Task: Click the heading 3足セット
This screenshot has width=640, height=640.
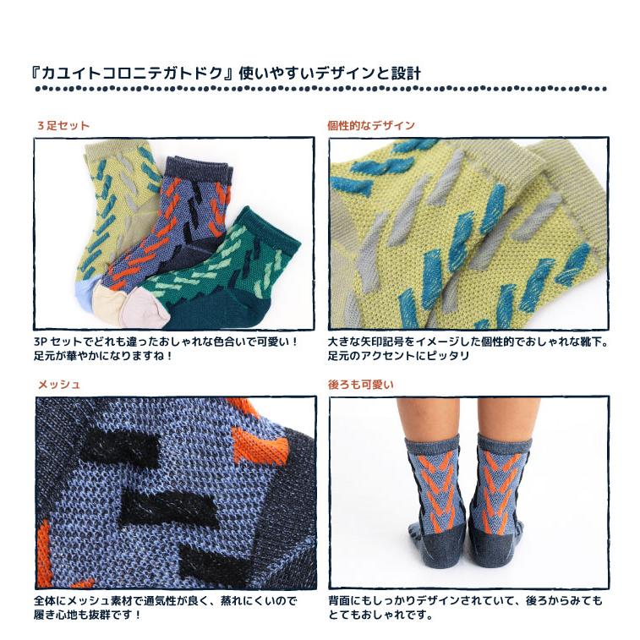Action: pos(63,125)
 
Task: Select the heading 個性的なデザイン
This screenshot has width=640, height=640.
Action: pos(370,125)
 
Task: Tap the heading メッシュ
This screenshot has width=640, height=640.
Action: pos(58,384)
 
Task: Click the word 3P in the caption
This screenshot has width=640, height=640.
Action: pos(42,342)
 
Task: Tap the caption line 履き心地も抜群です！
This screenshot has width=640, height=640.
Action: pos(88,615)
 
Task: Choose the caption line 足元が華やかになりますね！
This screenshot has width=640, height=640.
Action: pos(103,356)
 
